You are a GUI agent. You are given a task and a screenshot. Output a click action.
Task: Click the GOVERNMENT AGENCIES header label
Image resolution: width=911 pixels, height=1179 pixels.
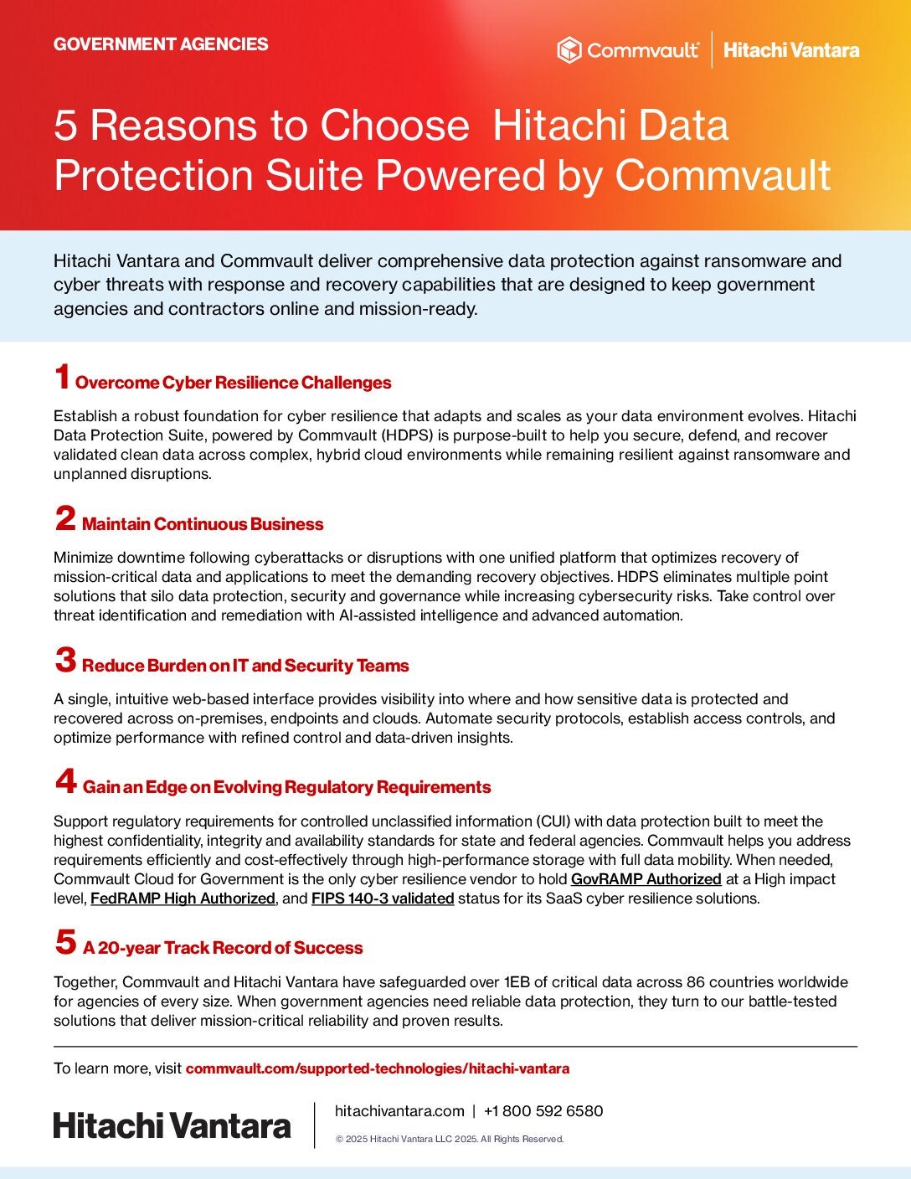pyautogui.click(x=161, y=44)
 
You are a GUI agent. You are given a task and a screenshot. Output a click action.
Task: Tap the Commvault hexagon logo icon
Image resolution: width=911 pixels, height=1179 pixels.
pyautogui.click(x=569, y=50)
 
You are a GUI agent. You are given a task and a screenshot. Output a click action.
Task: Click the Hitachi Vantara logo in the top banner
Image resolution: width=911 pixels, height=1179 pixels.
pyautogui.click(x=791, y=50)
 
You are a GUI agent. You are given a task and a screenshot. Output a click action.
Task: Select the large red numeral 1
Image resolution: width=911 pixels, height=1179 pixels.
pyautogui.click(x=62, y=378)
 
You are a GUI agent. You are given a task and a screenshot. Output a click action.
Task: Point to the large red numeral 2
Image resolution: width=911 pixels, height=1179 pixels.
pyautogui.click(x=65, y=519)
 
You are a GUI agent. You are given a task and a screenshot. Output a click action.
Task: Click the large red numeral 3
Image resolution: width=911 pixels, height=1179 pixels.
pyautogui.click(x=65, y=661)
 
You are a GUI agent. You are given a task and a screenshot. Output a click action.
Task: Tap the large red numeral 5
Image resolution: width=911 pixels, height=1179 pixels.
pyautogui.click(x=65, y=943)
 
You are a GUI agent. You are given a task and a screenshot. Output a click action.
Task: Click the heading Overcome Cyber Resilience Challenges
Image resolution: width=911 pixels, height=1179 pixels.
pyautogui.click(x=234, y=383)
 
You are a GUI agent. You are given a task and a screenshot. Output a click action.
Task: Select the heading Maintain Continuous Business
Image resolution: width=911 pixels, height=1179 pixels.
pyautogui.click(x=203, y=524)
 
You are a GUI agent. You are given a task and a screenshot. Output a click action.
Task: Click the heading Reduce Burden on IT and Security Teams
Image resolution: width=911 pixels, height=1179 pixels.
pyautogui.click(x=245, y=666)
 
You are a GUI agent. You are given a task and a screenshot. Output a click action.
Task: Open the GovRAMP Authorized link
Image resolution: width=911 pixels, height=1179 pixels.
pyautogui.click(x=646, y=879)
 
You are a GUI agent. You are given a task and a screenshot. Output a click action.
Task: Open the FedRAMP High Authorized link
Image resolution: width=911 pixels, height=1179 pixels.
pyautogui.click(x=183, y=898)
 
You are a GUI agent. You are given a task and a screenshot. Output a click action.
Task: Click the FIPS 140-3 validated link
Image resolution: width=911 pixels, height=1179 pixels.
pyautogui.click(x=383, y=898)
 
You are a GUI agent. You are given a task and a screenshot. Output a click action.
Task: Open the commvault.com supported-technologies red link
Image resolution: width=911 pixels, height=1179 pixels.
pyautogui.click(x=377, y=1068)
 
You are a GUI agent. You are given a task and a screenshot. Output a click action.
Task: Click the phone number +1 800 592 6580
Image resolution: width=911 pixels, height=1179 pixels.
pyautogui.click(x=543, y=1111)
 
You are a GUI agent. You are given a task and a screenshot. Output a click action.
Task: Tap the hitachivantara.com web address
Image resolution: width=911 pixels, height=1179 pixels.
pyautogui.click(x=399, y=1111)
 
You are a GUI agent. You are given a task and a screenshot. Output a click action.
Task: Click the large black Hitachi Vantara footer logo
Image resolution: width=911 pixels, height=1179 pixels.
pyautogui.click(x=172, y=1125)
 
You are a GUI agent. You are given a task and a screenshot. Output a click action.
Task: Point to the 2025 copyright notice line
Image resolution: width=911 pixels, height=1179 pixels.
pyautogui.click(x=450, y=1139)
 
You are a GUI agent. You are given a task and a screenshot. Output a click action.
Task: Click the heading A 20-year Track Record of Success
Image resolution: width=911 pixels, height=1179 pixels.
pyautogui.click(x=223, y=948)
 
